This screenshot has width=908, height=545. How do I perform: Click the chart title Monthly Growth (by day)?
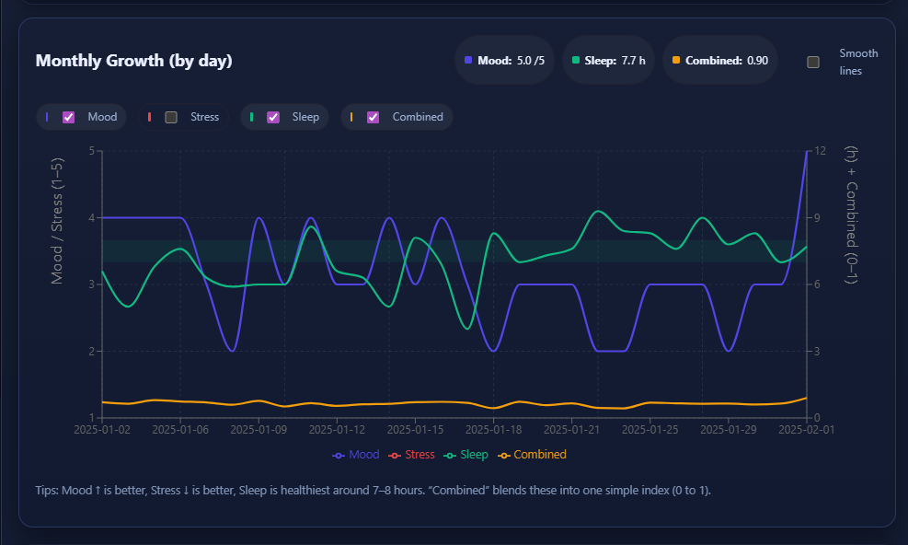point(133,62)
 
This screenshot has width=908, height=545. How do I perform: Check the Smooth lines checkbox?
point(813,62)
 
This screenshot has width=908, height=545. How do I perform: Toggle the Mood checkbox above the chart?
point(68,117)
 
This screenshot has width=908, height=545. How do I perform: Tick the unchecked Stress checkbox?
point(171,117)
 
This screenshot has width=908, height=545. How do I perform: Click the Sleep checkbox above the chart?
point(273,117)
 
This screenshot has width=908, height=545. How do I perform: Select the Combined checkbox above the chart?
point(374,117)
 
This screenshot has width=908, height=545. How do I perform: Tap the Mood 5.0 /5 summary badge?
point(504,61)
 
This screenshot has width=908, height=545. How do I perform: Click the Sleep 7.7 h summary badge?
point(608,61)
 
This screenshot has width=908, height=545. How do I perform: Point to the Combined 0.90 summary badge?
point(720,61)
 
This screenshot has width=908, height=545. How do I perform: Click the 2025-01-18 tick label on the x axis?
point(494,429)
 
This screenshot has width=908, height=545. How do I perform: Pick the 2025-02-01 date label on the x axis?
point(806,429)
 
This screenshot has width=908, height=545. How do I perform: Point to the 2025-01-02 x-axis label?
point(102,429)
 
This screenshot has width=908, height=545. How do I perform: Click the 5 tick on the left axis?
point(91,151)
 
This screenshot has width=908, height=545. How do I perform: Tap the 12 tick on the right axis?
point(820,151)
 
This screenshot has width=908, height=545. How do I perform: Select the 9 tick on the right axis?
point(817,218)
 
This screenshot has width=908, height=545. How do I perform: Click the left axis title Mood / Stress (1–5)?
point(57,220)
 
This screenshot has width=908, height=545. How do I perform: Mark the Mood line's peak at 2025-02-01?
point(807,151)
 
